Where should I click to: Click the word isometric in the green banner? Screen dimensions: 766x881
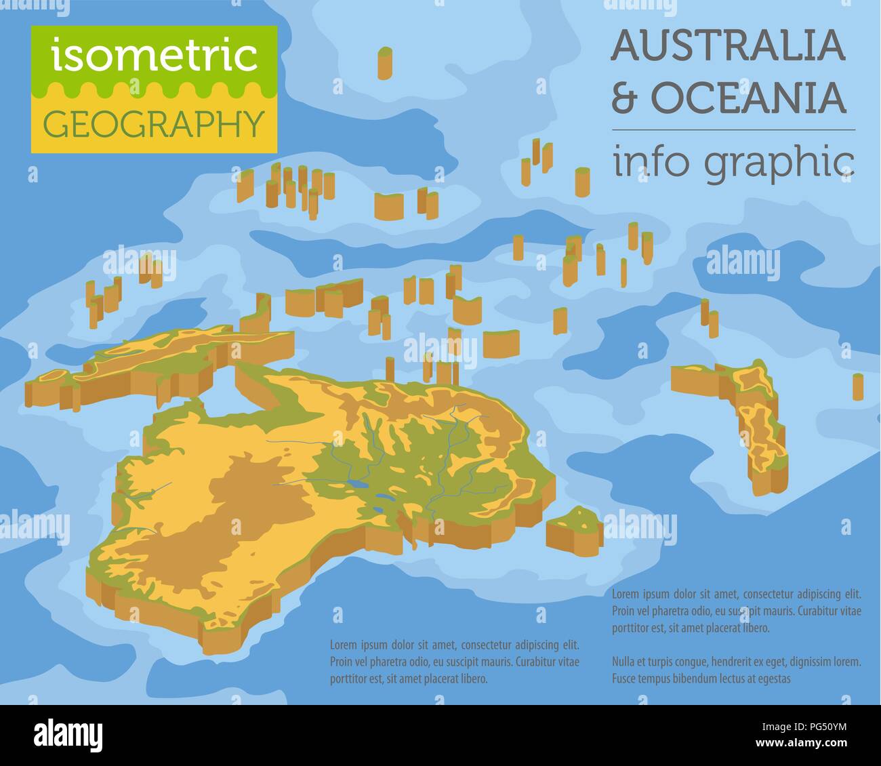click(155, 57)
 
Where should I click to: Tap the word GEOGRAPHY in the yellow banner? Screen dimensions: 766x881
click(153, 124)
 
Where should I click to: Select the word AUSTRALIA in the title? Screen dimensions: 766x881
click(729, 46)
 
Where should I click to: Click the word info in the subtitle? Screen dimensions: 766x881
click(653, 163)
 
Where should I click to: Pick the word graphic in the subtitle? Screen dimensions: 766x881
click(779, 164)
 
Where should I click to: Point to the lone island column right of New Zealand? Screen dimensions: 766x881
click(858, 386)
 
